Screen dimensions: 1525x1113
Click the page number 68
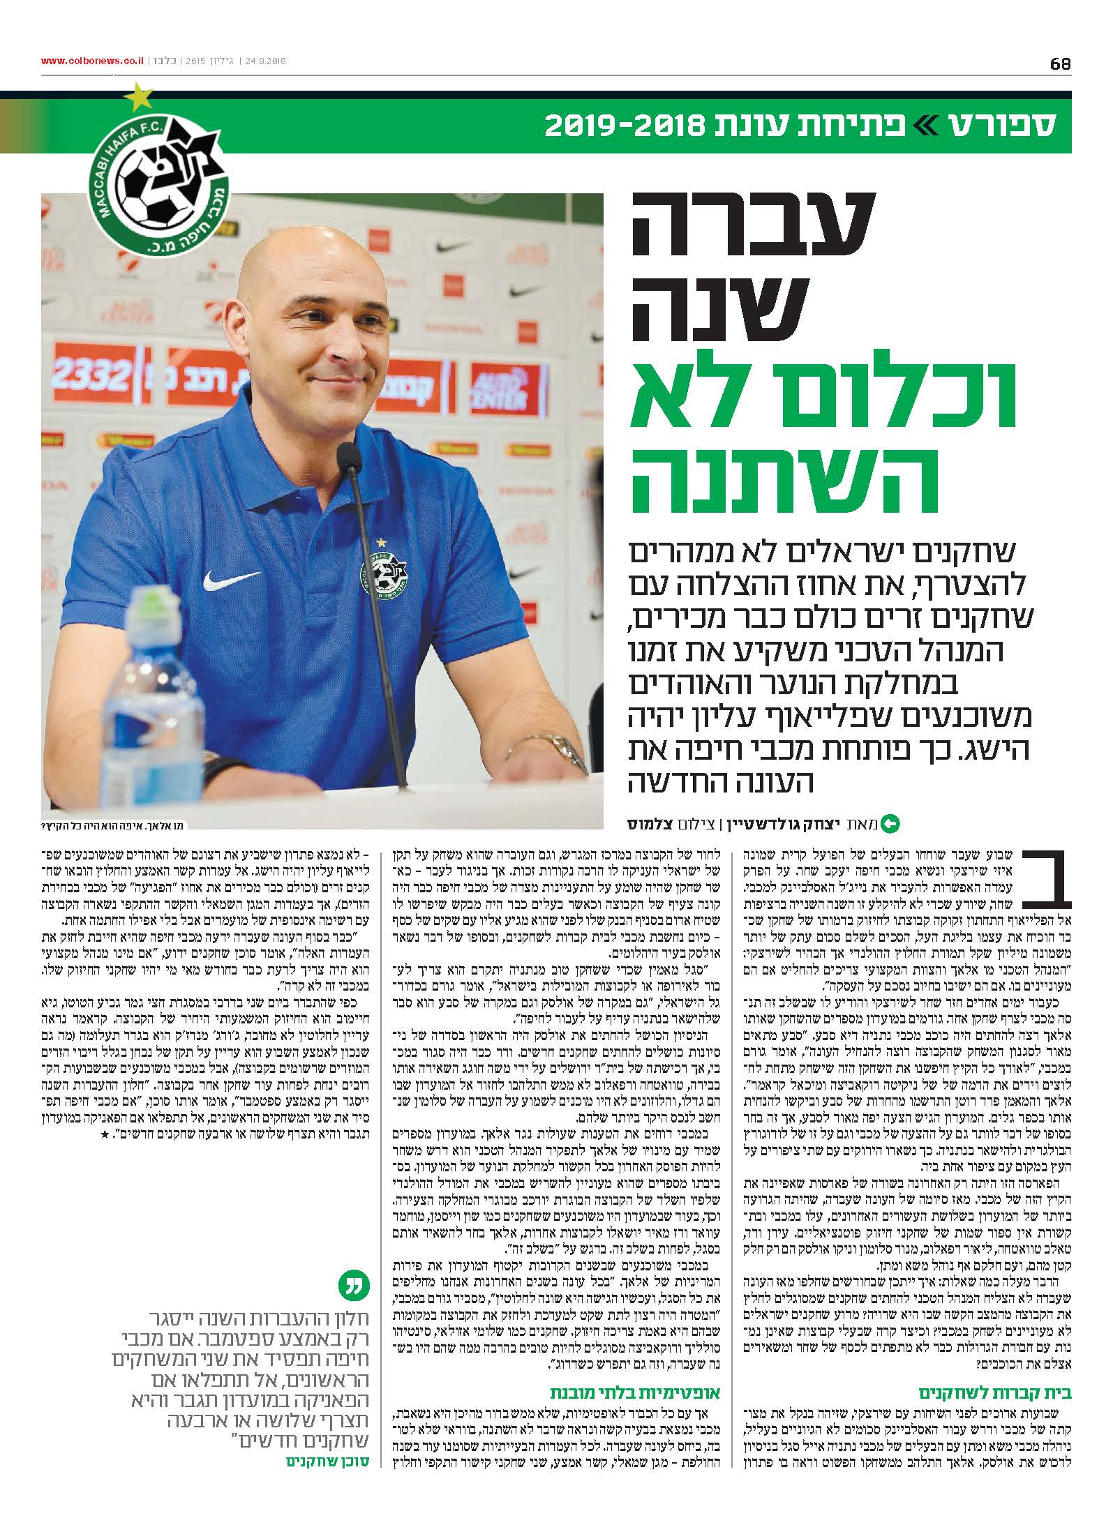[x=1060, y=63]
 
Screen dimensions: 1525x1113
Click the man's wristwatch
[x=565, y=749]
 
